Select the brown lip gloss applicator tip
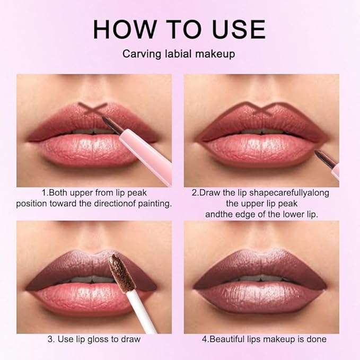pyautogui.click(x=116, y=270)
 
